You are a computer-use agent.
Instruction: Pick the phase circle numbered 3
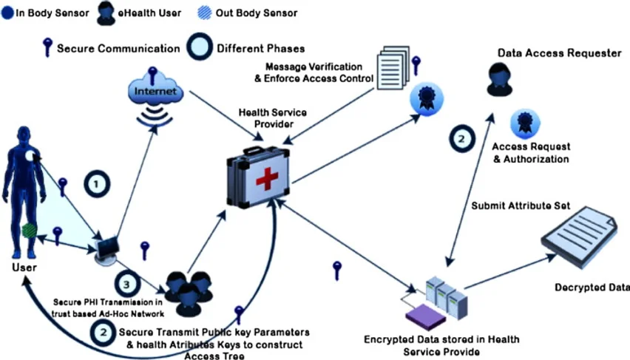point(126,284)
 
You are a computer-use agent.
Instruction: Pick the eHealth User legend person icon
point(103,13)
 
